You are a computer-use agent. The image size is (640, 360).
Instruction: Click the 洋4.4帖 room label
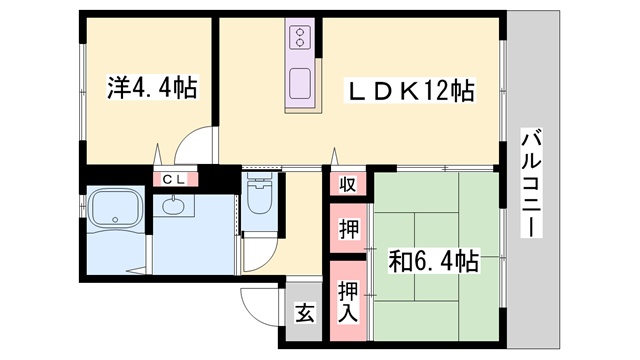152,87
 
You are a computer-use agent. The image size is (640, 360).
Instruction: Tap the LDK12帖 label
411,91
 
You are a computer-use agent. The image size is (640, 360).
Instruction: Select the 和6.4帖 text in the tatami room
433,261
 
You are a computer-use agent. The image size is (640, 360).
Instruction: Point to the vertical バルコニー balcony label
531,182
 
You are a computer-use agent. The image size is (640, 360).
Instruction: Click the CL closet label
175,179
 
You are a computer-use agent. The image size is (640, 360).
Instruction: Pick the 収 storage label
348,184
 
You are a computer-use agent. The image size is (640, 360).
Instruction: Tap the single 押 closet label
349,229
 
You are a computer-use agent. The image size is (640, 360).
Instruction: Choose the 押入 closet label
348,302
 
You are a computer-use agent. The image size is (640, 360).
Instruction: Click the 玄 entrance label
304,313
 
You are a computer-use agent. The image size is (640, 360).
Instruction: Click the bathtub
115,209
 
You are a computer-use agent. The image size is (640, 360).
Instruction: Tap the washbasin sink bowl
173,205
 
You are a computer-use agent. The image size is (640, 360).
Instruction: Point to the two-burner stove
300,37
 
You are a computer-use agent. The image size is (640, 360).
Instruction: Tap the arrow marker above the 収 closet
335,156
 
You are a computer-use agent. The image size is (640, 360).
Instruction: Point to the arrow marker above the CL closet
158,154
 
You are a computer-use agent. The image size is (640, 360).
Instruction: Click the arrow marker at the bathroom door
136,270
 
